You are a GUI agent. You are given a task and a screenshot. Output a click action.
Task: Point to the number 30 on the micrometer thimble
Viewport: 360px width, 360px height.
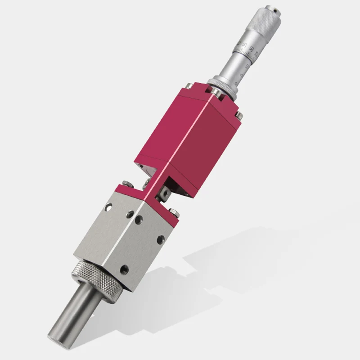pos(251,48)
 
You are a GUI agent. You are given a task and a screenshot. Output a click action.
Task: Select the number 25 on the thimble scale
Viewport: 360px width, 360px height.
pos(256,54)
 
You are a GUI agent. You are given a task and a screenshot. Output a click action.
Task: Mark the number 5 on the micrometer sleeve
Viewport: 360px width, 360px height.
pos(242,72)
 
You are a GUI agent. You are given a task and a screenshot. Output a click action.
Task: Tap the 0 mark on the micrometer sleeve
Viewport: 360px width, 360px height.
pos(237,79)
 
